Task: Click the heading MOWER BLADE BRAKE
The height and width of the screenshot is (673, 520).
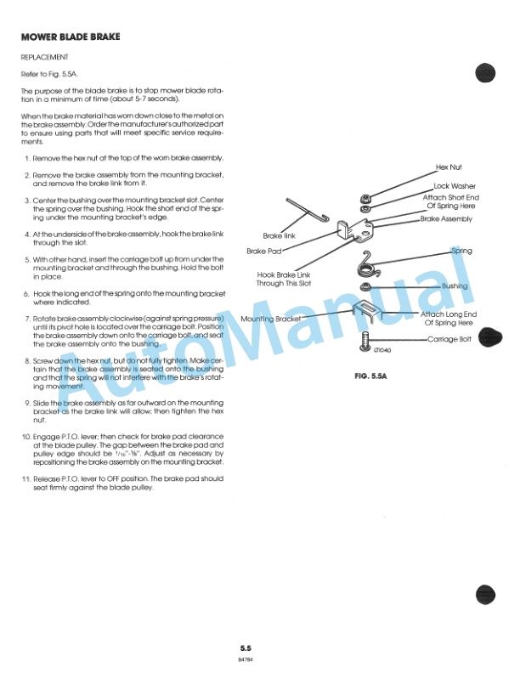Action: (70, 37)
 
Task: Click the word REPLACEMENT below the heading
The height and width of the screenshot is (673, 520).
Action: (44, 57)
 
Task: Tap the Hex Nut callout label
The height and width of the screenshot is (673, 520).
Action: (448, 168)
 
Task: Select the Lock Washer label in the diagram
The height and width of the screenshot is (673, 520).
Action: (455, 186)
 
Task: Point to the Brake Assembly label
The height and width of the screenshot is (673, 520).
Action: (446, 218)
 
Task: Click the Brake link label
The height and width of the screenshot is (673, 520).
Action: (279, 235)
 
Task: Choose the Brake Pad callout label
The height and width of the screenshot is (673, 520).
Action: (263, 252)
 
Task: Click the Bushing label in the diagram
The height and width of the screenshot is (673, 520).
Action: (455, 286)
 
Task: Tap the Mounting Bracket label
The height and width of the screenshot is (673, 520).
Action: (270, 320)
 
